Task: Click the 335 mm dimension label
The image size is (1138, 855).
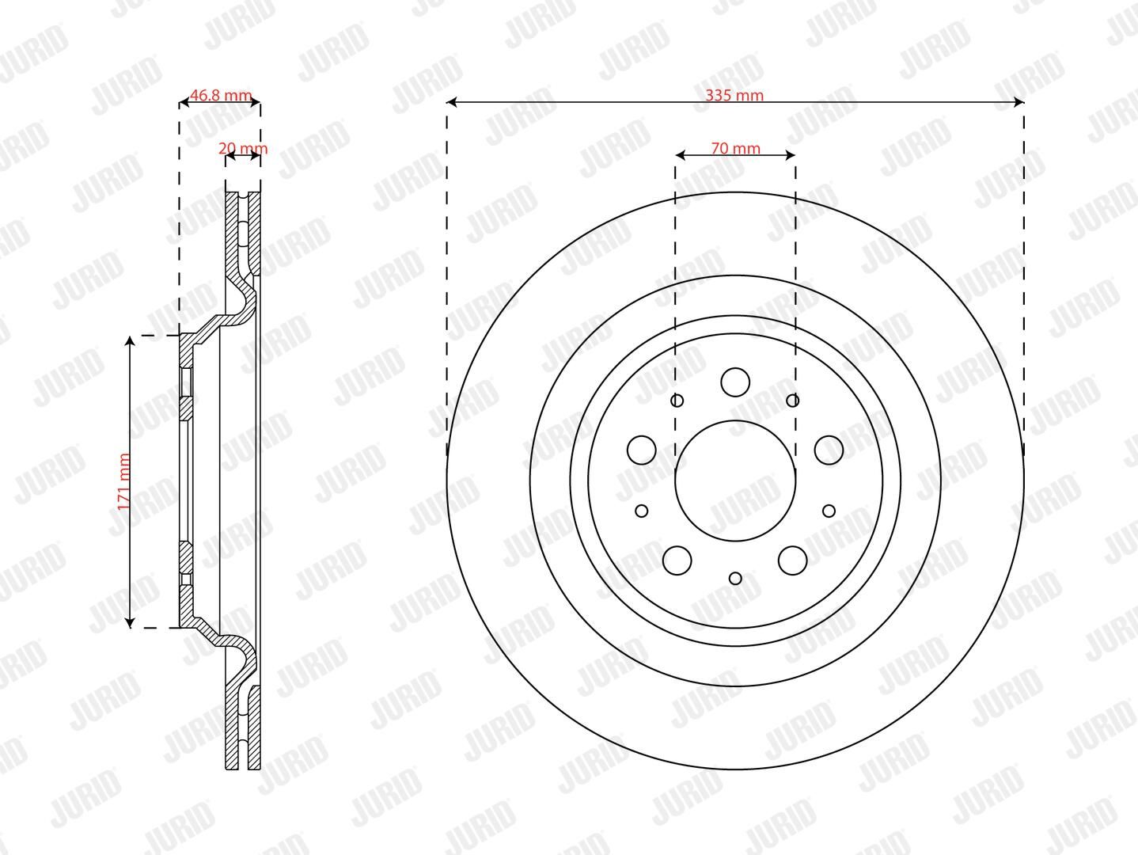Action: click(734, 95)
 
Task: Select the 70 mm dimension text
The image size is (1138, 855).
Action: click(735, 148)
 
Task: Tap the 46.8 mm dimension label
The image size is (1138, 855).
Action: click(221, 95)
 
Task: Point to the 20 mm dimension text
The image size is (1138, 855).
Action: click(243, 148)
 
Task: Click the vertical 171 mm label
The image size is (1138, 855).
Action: click(123, 481)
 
